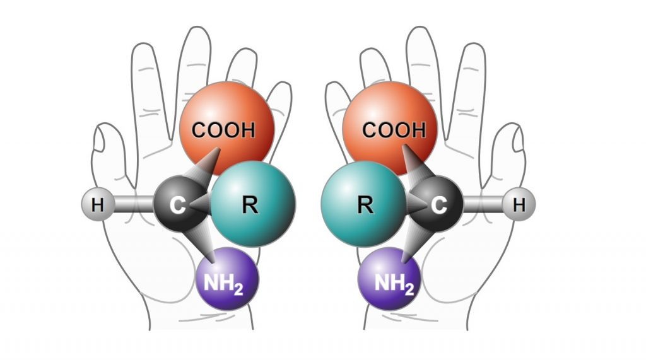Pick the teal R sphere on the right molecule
tap(363, 203)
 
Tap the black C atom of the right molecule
tap(438, 204)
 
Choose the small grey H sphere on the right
tap(519, 204)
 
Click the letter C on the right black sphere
tap(440, 205)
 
